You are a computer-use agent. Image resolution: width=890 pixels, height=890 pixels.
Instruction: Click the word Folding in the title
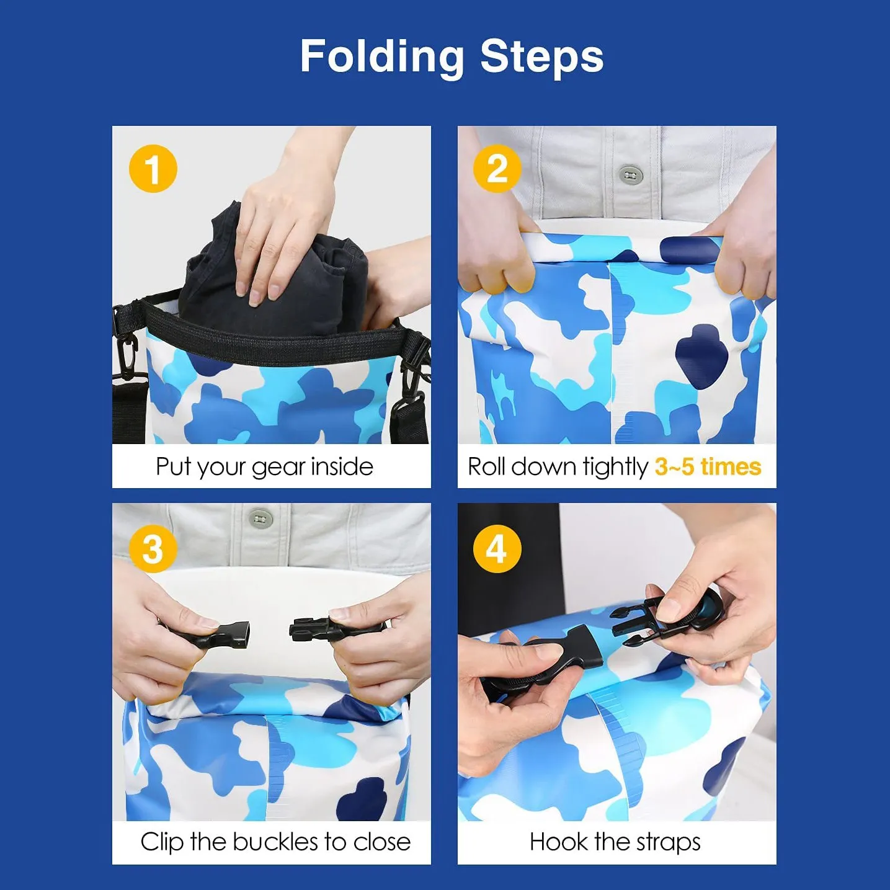coord(382,57)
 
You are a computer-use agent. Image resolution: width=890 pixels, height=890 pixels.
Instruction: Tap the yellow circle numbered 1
coord(153,169)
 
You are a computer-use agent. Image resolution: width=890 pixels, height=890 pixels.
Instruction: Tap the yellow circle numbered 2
coord(497,169)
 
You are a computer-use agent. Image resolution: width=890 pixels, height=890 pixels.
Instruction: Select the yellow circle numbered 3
coord(153,549)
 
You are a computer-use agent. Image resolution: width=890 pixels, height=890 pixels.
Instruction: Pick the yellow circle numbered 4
coord(497,549)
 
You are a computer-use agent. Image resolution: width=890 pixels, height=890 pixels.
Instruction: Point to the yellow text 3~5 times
coord(708,466)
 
